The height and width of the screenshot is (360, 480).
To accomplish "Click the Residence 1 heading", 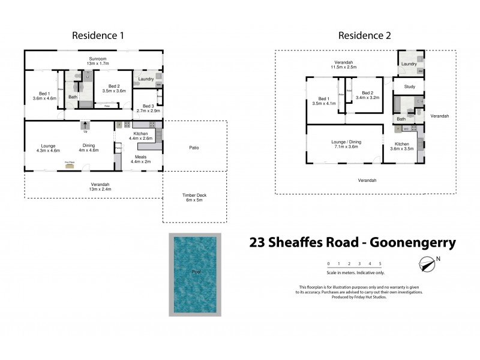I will click(98, 35).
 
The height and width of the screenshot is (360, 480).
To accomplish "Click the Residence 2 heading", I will click(365, 35).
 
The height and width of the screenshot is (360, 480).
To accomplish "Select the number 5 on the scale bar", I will click(380, 263).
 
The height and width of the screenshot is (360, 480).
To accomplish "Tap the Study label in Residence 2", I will click(409, 87).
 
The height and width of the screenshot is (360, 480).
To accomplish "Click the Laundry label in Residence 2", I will click(409, 64).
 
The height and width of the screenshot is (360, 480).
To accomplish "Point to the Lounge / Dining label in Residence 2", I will click(344, 143).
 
